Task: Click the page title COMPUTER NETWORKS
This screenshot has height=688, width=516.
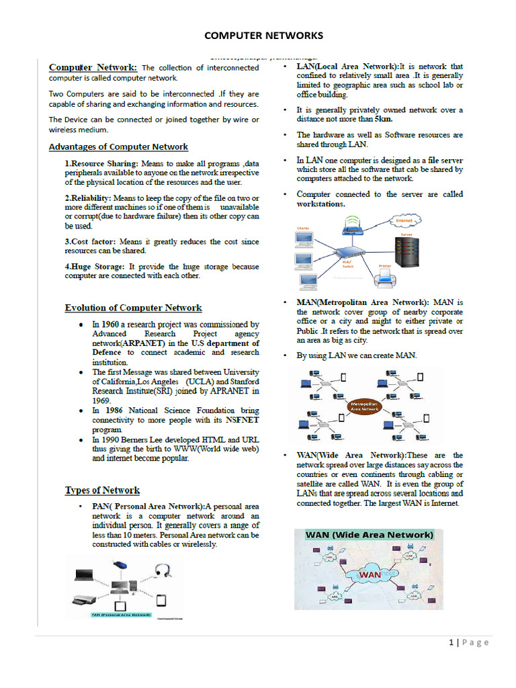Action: pyautogui.click(x=263, y=35)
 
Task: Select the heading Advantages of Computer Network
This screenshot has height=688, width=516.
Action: pyautogui.click(x=118, y=146)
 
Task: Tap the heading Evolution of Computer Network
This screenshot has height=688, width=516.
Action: pyautogui.click(x=133, y=308)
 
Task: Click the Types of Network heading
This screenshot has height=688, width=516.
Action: pyautogui.click(x=102, y=490)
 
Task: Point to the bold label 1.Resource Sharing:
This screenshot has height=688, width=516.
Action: pyautogui.click(x=101, y=163)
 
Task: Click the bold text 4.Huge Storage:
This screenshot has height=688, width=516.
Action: pyautogui.click(x=95, y=267)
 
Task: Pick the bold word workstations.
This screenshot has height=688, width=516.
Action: pyautogui.click(x=321, y=204)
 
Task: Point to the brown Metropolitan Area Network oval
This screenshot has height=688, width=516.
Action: pyautogui.click(x=363, y=406)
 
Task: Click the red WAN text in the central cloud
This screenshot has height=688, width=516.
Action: pyautogui.click(x=370, y=575)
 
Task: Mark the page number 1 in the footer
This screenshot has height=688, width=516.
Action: pyautogui.click(x=452, y=642)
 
